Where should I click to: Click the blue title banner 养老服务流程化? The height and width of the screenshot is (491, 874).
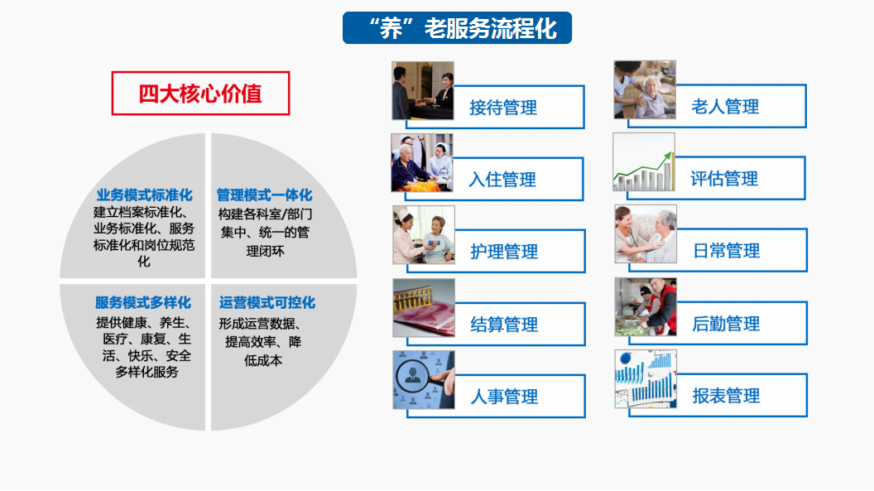457,28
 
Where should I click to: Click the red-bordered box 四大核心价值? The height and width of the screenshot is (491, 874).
200,94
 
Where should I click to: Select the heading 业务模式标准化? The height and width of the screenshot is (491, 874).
144,195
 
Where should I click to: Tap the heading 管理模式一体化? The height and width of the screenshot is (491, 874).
264,195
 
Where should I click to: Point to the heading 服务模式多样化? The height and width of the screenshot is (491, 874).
143,302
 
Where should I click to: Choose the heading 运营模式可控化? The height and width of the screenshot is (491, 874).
267,302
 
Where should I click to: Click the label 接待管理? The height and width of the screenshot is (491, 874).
503,108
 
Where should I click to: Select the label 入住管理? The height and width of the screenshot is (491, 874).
502,180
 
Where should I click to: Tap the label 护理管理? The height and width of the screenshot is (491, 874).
504,252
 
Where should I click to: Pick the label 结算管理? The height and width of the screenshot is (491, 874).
504,325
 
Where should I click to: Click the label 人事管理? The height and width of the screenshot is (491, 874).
504,397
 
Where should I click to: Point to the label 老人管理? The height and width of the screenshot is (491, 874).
725,107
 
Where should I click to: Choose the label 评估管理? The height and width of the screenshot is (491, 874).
724,178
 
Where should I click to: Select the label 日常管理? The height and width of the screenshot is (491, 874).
727,251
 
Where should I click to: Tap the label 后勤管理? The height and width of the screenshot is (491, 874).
726,323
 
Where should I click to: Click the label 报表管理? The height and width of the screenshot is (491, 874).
726,396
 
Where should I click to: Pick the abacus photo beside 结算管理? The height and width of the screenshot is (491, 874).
424,308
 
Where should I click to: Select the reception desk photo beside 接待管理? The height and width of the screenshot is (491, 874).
422,91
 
